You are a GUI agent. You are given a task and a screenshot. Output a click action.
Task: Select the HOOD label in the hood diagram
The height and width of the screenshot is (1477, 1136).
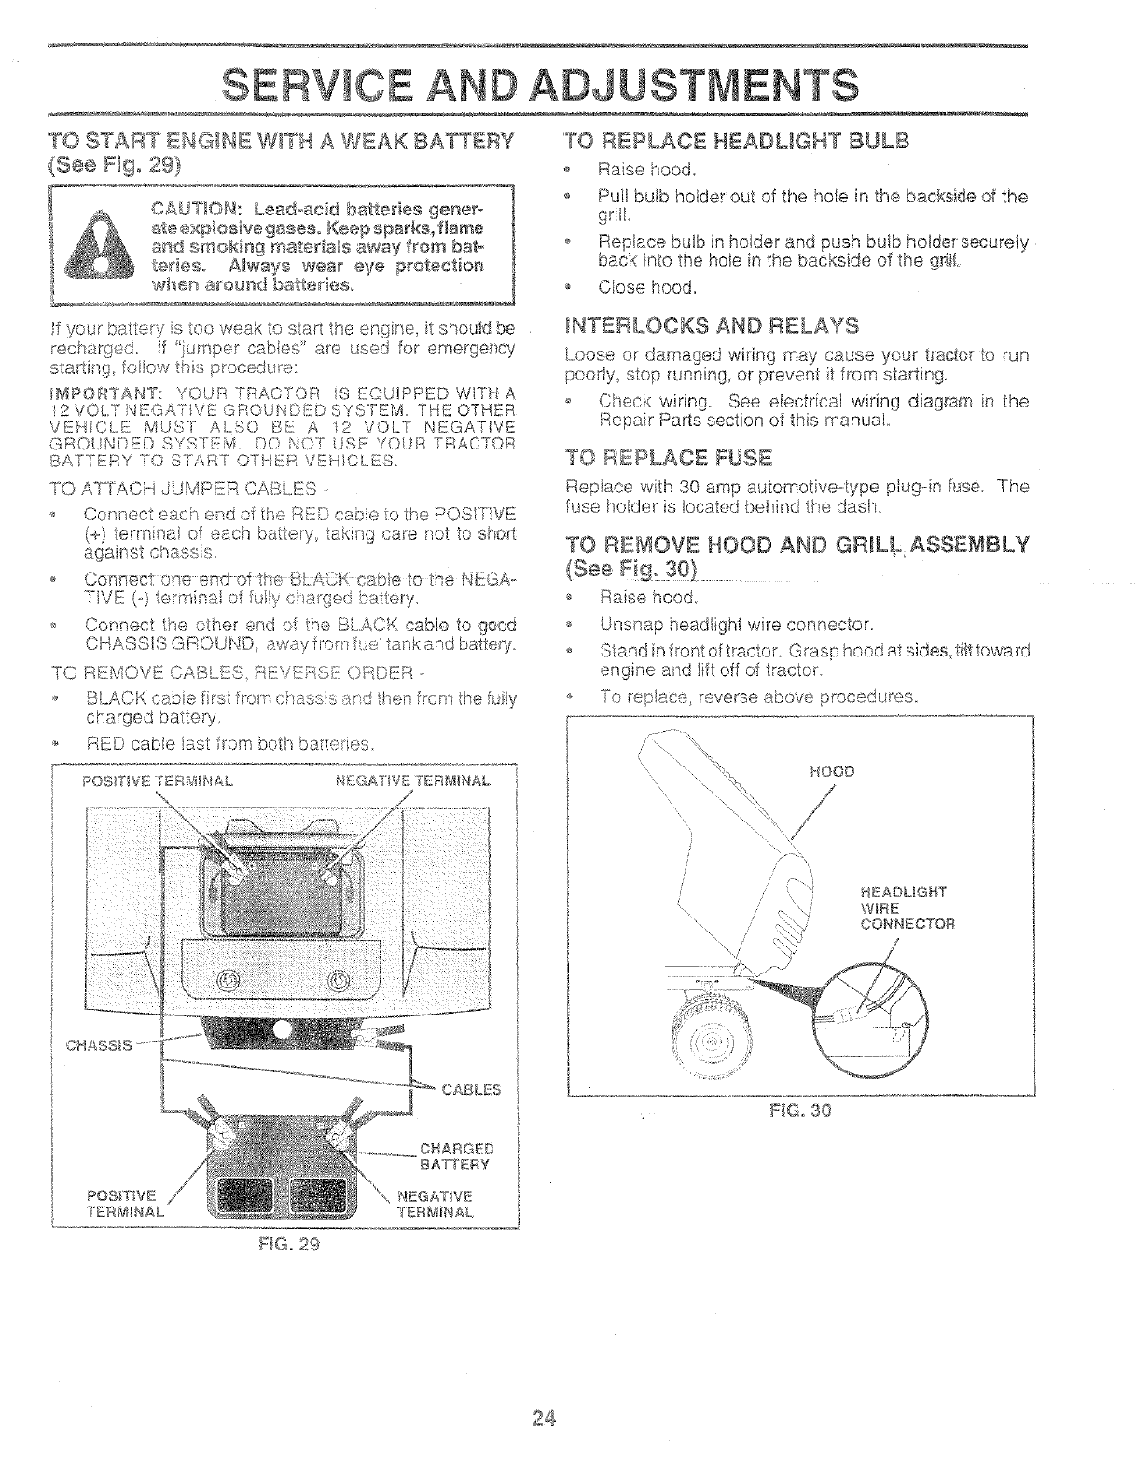(x=832, y=771)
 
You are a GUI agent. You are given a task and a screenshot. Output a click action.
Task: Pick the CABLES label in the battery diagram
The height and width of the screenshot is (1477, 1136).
(x=471, y=1088)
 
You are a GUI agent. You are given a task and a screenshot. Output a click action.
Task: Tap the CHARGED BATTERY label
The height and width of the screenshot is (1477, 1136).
(x=456, y=1156)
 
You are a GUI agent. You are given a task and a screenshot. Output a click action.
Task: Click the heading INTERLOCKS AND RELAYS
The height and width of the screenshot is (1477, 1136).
(x=712, y=325)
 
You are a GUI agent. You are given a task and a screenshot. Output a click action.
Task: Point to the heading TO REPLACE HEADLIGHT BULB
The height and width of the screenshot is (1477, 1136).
(x=736, y=141)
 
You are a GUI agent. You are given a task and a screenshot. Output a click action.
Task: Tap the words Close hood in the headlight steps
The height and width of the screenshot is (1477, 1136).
(x=647, y=286)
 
